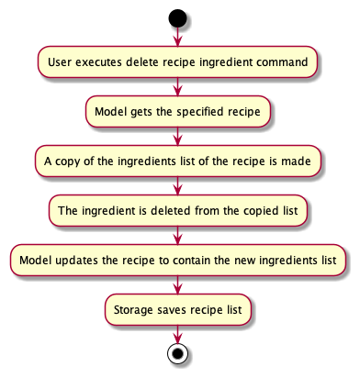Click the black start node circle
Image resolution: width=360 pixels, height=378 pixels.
177,17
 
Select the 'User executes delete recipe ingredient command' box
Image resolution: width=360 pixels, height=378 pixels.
177,61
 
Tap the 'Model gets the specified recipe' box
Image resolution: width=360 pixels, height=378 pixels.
177,111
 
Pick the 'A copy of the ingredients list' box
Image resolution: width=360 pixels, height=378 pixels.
177,161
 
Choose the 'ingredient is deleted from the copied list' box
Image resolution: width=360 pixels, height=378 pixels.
177,210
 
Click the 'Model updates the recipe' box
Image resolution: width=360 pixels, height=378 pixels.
177,260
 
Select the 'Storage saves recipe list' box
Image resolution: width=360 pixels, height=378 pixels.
177,309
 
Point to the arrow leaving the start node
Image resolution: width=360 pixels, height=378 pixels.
177,37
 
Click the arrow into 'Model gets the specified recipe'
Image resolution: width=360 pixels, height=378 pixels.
177,86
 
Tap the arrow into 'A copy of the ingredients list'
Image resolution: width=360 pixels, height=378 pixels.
177,136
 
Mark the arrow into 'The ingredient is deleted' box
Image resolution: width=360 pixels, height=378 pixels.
177,185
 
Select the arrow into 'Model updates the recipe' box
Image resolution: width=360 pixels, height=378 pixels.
177,235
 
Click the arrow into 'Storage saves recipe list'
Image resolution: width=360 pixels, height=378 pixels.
177,284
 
